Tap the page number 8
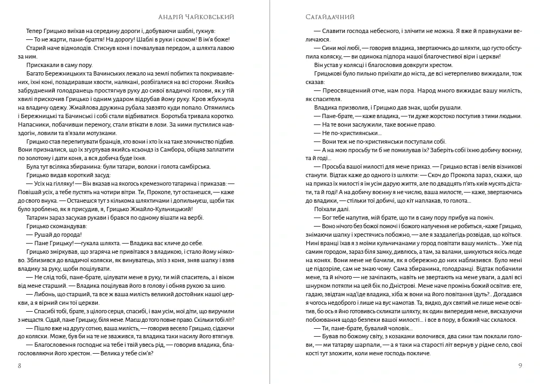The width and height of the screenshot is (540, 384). (19, 365)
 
